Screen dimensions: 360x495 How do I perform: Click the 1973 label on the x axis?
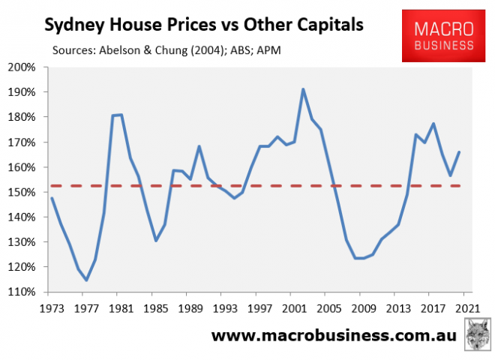tap(51, 307)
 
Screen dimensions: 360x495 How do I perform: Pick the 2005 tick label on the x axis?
tap(330, 307)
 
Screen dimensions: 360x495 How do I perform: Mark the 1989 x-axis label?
tap(190, 307)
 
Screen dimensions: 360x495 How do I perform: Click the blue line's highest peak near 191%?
tap(303, 89)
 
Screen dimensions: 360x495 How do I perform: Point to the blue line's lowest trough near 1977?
tap(86, 280)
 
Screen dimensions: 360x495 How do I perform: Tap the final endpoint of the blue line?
tap(460, 152)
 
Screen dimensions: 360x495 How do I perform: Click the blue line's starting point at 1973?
tap(51, 198)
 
